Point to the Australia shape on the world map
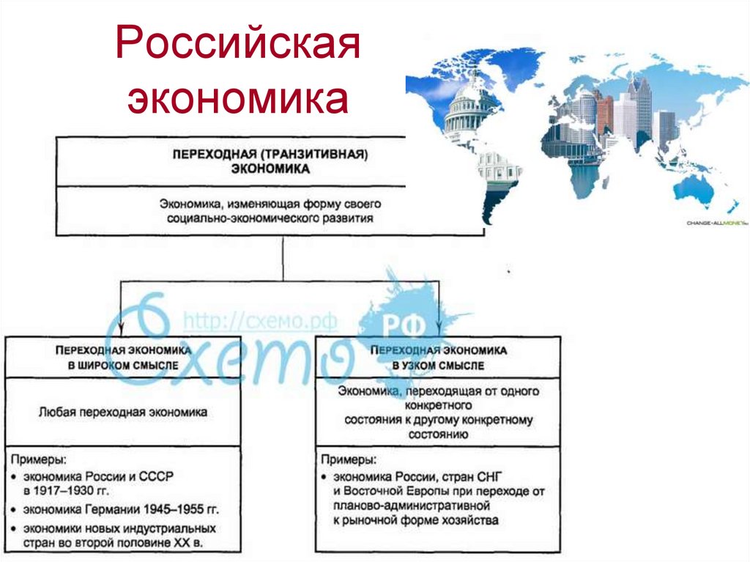(693, 187)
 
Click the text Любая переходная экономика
(122, 413)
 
